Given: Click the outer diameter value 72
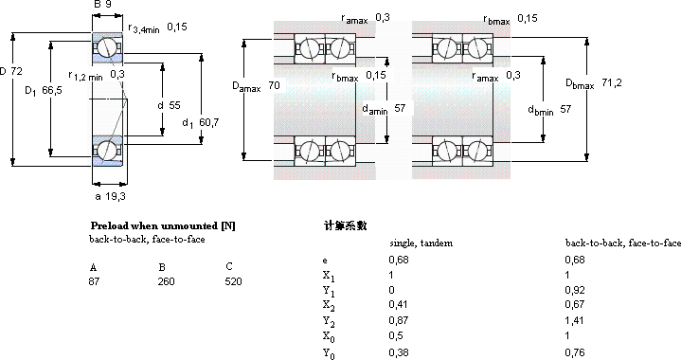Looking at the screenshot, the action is pos(16,71).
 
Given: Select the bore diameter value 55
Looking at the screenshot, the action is pos(174,105).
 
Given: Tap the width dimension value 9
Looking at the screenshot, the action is pos(108,5).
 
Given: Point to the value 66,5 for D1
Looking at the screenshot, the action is pos(52,90).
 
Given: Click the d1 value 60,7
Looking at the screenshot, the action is pos(209,122).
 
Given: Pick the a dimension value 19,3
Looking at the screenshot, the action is pos(116,196).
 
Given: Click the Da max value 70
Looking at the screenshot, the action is pos(274,85).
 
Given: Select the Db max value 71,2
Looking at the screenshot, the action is pos(612,82).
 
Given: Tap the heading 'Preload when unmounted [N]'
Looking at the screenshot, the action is pos(163,225).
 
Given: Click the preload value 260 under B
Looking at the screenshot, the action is pos(167,281).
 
